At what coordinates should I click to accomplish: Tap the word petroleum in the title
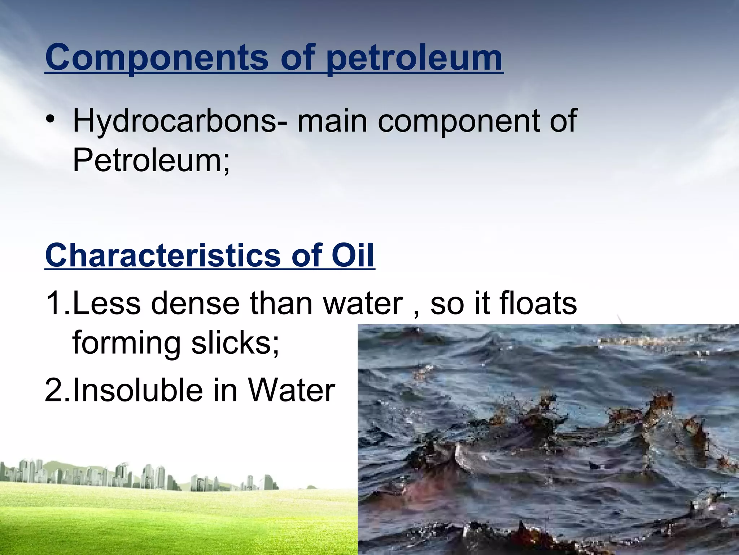coord(414,58)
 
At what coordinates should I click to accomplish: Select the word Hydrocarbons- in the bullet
coord(180,121)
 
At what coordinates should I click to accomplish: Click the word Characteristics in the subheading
coord(163,255)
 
